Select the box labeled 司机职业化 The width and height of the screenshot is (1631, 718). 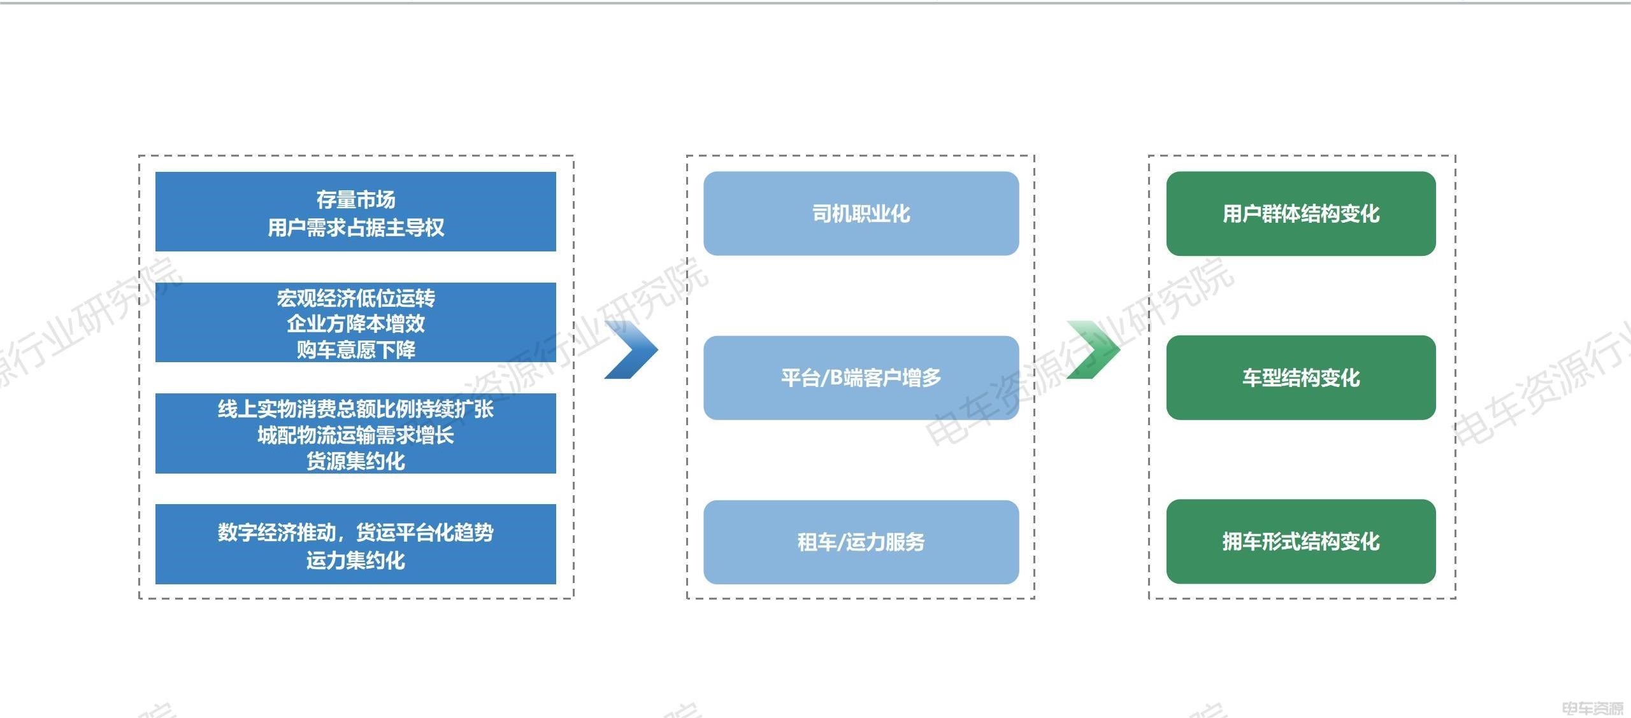(861, 214)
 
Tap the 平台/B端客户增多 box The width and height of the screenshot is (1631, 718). (861, 377)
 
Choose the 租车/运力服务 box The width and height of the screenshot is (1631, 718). (861, 542)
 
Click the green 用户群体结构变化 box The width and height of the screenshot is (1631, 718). (1301, 214)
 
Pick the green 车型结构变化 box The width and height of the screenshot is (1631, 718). (1301, 377)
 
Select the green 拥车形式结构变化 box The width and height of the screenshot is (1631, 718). (1301, 542)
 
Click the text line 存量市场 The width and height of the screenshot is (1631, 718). (356, 200)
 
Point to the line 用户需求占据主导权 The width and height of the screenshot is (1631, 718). (356, 227)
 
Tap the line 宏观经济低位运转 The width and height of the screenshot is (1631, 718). (356, 298)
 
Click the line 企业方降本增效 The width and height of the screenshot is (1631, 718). (356, 323)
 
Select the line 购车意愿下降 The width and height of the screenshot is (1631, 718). (356, 349)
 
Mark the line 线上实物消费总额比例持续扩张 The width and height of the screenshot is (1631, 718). (356, 409)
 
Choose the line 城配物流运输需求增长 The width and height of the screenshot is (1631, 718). (356, 435)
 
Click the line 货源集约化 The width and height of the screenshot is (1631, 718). (356, 461)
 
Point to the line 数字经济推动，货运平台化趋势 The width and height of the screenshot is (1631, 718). (356, 532)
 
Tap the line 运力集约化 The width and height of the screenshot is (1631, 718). (356, 560)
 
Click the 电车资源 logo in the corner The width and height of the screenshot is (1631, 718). (1593, 708)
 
